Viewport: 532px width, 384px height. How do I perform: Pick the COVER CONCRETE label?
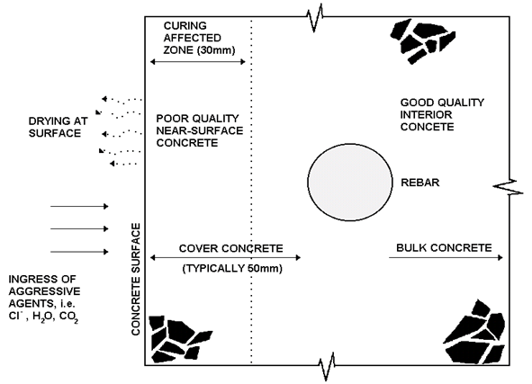click(x=230, y=248)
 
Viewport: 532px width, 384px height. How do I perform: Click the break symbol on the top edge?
click(x=318, y=15)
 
